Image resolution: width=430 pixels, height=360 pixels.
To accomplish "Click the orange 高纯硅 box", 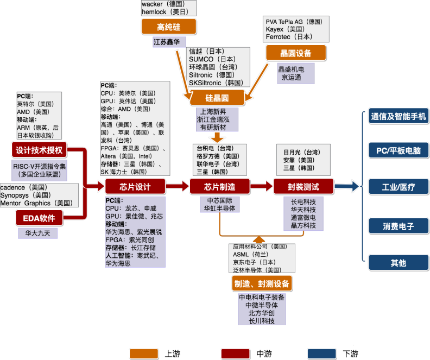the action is (169, 27).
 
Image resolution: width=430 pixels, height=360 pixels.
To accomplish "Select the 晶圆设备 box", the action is (296, 53).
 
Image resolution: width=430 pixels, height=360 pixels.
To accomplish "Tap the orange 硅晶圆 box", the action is (217, 98).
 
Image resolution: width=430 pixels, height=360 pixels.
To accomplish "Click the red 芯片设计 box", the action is (135, 187).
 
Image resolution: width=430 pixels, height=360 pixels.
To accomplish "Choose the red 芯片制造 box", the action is (220, 187).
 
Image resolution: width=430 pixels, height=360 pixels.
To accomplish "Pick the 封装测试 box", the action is (303, 187).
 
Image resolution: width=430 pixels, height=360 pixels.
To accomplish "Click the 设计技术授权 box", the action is (39, 150).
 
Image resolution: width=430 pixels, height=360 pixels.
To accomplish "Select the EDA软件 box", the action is (39, 218).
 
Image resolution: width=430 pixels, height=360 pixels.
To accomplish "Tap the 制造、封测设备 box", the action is (262, 283).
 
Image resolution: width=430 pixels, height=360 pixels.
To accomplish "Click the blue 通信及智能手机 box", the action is (399, 116).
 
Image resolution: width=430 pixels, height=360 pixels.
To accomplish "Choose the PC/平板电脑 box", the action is (399, 150).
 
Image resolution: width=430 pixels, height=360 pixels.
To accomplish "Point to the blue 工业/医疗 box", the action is (399, 187).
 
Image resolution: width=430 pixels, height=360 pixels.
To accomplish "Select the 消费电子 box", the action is (399, 226).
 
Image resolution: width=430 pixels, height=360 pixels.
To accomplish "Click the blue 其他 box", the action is (399, 263).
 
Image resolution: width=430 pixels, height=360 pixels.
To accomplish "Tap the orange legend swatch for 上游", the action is (144, 353).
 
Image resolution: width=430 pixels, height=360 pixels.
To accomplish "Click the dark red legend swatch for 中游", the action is (235, 353).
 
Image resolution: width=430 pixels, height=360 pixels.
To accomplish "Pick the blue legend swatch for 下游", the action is (321, 353).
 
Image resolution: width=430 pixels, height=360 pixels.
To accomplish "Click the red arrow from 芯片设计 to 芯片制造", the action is (177, 186).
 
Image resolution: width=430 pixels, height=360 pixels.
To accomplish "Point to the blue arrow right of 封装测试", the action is (346, 186).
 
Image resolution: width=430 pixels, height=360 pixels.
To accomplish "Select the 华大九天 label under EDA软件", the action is (37, 233).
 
